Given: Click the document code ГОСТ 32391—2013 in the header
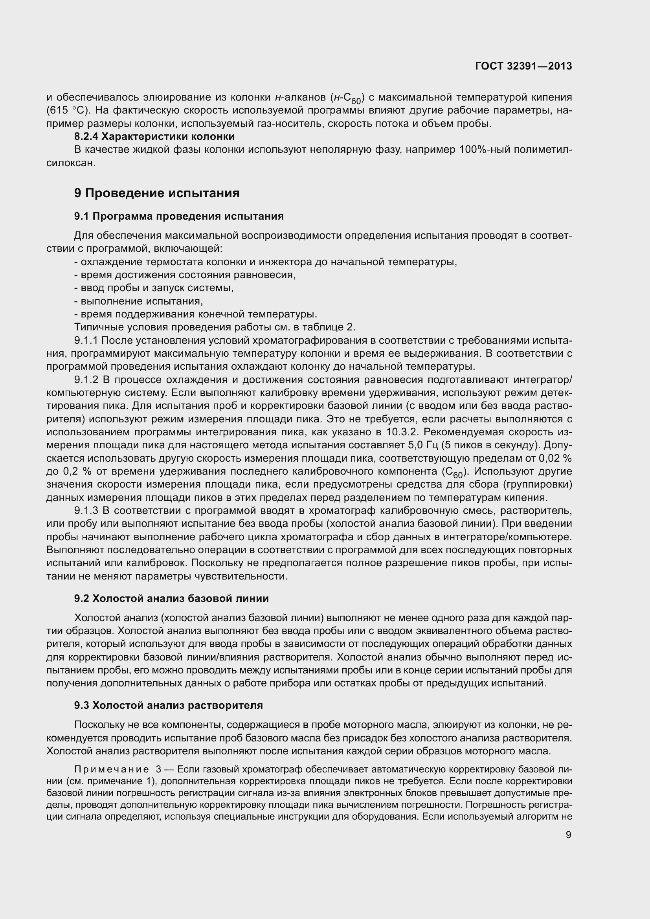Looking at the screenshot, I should (523, 66).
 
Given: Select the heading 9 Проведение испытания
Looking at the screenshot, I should (156, 193).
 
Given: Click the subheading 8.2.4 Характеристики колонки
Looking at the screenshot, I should (154, 136).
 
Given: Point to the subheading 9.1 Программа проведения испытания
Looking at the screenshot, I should (178, 216).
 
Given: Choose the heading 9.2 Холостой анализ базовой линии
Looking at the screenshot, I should (171, 598).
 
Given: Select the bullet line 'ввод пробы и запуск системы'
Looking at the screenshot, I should (154, 288).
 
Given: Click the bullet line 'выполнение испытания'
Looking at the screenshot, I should (139, 301).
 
